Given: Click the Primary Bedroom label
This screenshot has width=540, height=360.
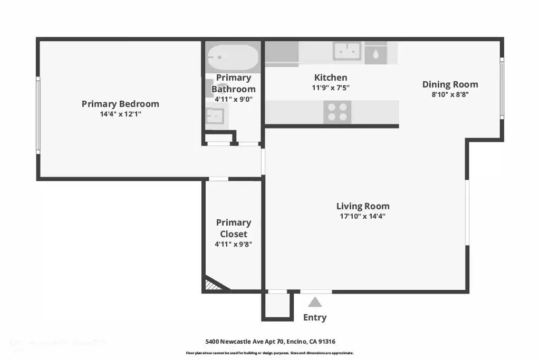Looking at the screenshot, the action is [x=120, y=104].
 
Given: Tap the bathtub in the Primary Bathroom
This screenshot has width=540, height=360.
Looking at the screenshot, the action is [x=233, y=57].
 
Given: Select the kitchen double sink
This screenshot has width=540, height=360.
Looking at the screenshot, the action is [x=347, y=51].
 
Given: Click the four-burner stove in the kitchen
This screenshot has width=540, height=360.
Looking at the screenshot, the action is [x=337, y=112].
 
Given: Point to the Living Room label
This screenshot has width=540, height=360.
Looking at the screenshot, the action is [x=363, y=206].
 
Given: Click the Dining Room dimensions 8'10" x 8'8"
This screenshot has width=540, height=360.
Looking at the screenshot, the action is [x=450, y=94].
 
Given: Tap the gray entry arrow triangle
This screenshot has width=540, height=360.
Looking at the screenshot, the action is [x=315, y=302].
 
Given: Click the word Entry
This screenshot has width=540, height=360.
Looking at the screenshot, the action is [x=315, y=317].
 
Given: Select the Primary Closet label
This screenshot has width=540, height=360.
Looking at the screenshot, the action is [x=234, y=228].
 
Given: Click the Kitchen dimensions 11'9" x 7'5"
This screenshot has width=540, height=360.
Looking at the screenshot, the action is [x=331, y=88].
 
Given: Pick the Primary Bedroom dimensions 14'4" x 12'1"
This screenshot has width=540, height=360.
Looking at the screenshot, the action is [x=121, y=114].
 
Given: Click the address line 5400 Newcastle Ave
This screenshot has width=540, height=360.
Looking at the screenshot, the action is [x=271, y=342].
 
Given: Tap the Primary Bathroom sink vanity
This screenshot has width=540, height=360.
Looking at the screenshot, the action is [x=216, y=116].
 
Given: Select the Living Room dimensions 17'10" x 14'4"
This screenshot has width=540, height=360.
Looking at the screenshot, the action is [x=363, y=216].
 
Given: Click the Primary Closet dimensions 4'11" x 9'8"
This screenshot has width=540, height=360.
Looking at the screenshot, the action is [x=234, y=244].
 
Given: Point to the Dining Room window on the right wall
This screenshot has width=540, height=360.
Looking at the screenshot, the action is [x=502, y=89].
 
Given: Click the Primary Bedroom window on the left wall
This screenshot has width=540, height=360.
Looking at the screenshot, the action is [x=38, y=115].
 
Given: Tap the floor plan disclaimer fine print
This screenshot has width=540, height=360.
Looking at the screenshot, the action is [x=269, y=353].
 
